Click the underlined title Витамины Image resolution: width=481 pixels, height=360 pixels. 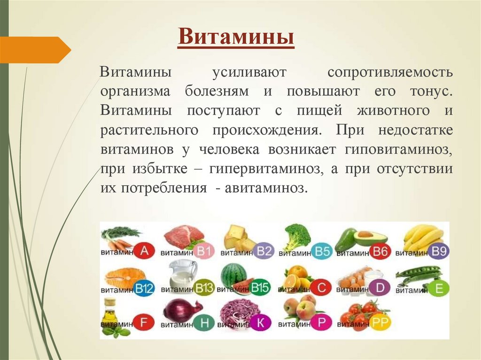236,37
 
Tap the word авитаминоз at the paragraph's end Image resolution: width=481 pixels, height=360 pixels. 266,189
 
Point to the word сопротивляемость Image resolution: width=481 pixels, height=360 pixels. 390,73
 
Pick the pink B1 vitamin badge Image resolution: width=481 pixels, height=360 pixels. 204,252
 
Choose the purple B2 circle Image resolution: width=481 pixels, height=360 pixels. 265,252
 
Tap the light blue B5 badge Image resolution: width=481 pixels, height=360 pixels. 323,252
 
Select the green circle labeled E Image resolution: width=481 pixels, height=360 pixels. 439,288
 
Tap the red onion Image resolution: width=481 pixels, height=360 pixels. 181,310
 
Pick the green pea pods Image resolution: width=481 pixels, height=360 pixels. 418,274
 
